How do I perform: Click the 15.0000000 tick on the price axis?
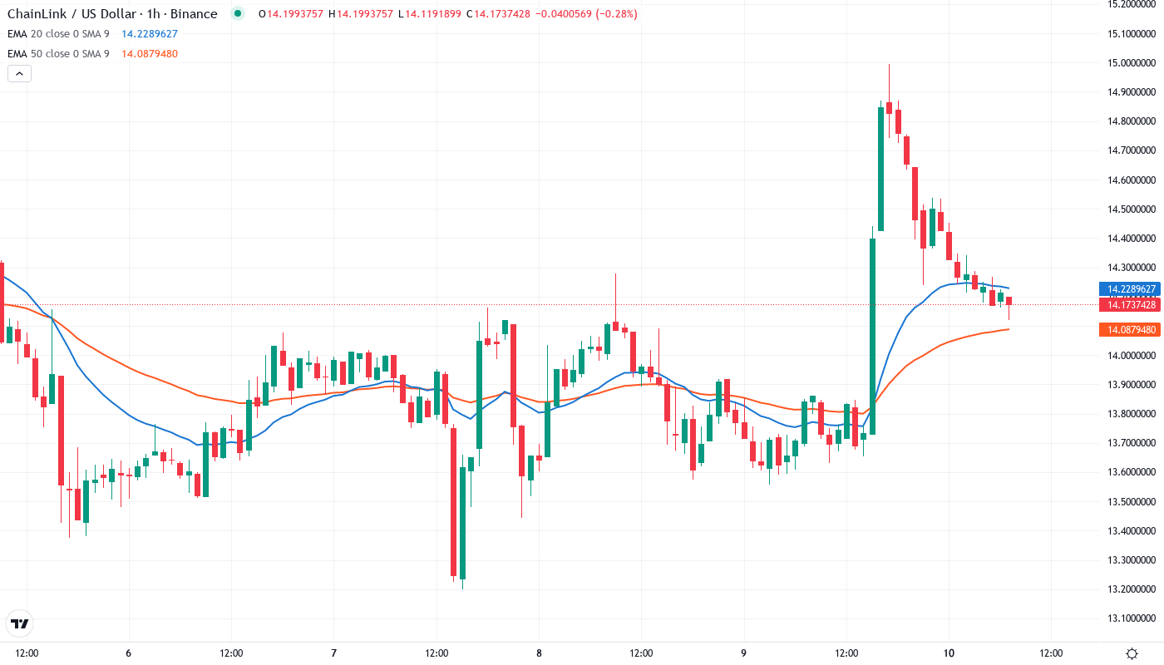[1132, 63]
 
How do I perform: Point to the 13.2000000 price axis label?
[1132, 589]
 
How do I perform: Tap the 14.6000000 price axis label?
[1132, 180]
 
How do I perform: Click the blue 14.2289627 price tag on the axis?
[1129, 289]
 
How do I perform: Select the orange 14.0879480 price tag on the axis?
[1129, 330]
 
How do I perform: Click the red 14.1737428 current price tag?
[1129, 305]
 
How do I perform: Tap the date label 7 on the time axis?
[333, 653]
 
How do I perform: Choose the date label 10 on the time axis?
[949, 653]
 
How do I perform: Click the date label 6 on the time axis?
[129, 653]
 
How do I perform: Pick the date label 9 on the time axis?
[744, 653]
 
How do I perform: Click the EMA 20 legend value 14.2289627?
[150, 34]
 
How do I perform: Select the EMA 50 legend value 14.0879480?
[150, 54]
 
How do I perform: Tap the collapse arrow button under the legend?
[19, 73]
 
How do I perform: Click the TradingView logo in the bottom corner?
[20, 623]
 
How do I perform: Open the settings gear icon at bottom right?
[1132, 653]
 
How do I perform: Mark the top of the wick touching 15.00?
[889, 65]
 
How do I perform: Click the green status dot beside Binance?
[239, 14]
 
